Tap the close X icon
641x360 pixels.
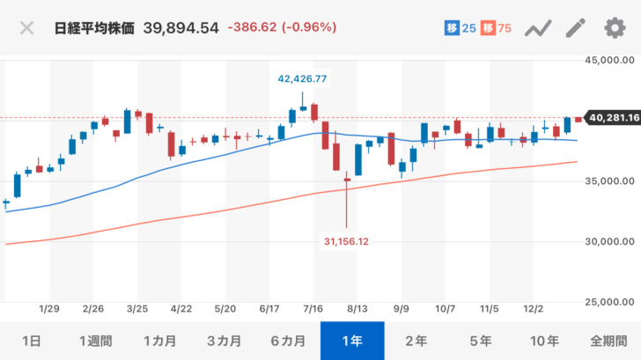[x=27, y=28]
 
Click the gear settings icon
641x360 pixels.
[x=614, y=28]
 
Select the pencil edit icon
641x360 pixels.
[x=575, y=28]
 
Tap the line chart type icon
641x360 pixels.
[x=537, y=28]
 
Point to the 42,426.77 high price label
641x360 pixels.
[x=302, y=78]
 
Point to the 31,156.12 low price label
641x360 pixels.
[x=346, y=240]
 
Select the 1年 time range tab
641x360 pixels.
[x=352, y=341]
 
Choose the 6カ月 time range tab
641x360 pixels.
[x=288, y=341]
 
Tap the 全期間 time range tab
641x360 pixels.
[x=609, y=341]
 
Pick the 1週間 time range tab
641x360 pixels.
[x=96, y=341]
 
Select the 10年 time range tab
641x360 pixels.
[x=545, y=341]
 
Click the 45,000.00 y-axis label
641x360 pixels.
[x=612, y=61]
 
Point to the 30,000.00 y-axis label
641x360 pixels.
[x=612, y=241]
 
